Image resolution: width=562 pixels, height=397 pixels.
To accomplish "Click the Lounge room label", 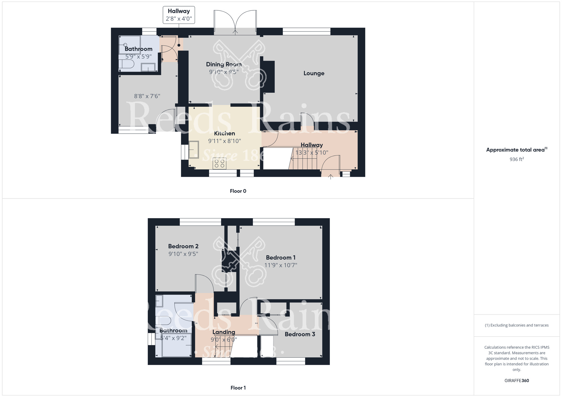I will pyautogui.click(x=314, y=73).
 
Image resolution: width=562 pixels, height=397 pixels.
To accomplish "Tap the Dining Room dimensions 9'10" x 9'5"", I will pyautogui.click(x=224, y=72).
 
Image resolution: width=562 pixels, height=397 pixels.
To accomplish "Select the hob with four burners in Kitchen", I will pyautogui.click(x=219, y=163).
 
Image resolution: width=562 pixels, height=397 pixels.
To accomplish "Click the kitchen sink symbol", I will pyautogui.click(x=194, y=150).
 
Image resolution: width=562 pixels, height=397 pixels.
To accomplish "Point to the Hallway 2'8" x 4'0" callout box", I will pyautogui.click(x=179, y=15).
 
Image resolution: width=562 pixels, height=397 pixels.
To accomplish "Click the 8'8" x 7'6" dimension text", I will pyautogui.click(x=147, y=96).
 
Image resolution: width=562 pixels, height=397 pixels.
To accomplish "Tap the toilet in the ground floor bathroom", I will pyautogui.click(x=126, y=64).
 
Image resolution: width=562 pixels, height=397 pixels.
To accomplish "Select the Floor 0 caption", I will pyautogui.click(x=238, y=191).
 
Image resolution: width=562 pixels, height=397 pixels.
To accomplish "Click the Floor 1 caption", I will pyautogui.click(x=238, y=388).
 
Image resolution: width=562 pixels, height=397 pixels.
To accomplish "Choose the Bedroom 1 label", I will pyautogui.click(x=280, y=257).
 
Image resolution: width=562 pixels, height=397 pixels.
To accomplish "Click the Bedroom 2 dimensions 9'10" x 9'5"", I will pyautogui.click(x=183, y=254).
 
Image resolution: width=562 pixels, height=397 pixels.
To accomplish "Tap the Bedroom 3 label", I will pyautogui.click(x=300, y=334).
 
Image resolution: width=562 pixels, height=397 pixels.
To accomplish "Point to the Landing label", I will pyautogui.click(x=224, y=332).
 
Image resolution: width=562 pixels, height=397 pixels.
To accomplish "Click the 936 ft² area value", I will pyautogui.click(x=516, y=159).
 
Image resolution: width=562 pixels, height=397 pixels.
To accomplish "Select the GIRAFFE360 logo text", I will pyautogui.click(x=516, y=380).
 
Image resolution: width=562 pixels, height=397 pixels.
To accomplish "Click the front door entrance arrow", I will pyautogui.click(x=330, y=177).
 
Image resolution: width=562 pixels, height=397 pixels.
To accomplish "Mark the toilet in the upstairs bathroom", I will pyautogui.click(x=164, y=320).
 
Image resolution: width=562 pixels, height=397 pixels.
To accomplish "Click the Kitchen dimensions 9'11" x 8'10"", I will pyautogui.click(x=224, y=141).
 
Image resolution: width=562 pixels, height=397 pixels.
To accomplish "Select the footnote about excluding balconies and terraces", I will pyautogui.click(x=516, y=325).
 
